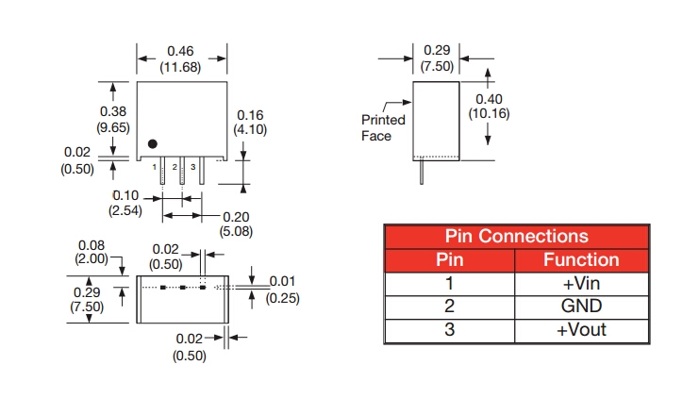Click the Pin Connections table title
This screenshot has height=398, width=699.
click(x=516, y=236)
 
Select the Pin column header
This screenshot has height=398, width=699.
click(x=449, y=259)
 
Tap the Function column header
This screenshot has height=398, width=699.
click(x=581, y=259)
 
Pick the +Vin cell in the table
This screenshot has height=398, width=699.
click(x=581, y=283)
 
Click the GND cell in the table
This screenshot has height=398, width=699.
click(x=581, y=307)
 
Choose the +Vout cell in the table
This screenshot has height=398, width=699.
click(x=581, y=330)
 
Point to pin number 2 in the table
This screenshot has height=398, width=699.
click(x=449, y=307)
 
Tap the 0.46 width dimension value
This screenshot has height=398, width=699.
click(x=181, y=50)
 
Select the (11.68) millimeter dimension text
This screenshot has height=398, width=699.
click(x=181, y=66)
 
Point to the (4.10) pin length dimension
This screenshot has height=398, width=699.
click(x=252, y=128)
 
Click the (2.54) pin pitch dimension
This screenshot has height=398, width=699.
click(x=125, y=210)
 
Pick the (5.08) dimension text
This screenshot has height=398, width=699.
click(x=238, y=231)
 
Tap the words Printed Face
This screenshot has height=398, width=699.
click(x=383, y=127)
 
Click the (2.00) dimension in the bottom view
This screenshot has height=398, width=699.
click(x=92, y=258)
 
